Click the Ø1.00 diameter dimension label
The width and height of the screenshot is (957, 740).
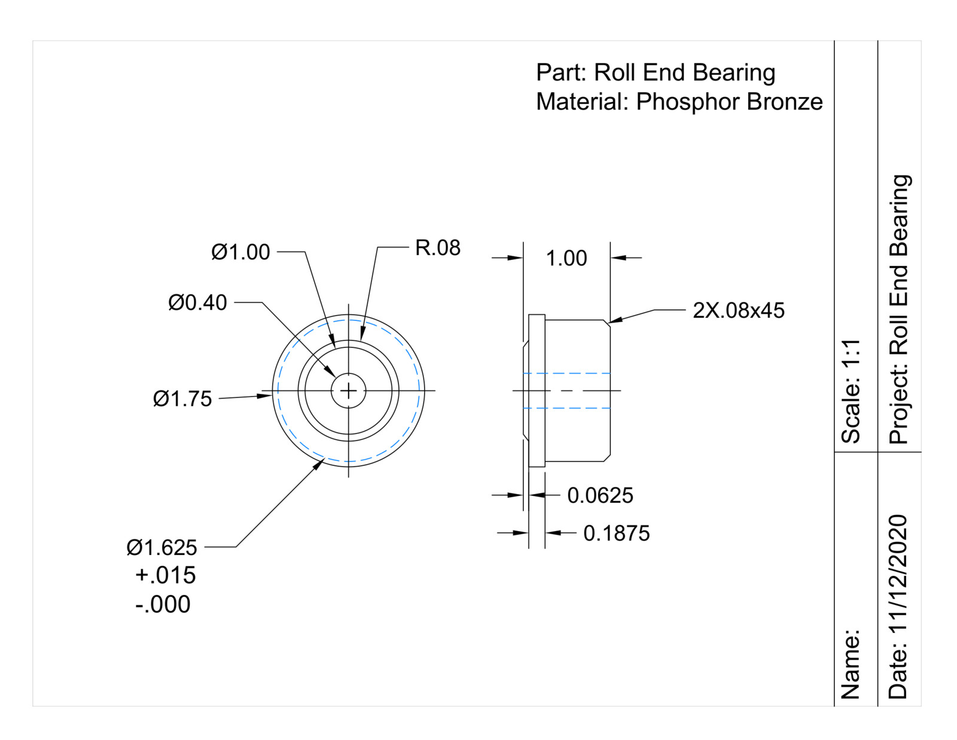240,252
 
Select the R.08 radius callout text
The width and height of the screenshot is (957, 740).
438,248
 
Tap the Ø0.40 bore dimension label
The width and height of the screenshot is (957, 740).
197,303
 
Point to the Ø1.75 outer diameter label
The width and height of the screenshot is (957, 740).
182,399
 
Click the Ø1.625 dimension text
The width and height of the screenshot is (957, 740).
161,547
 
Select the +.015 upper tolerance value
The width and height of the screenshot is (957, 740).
165,575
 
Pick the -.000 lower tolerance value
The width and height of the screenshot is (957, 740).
163,604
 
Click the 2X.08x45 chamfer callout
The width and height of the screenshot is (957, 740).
738,311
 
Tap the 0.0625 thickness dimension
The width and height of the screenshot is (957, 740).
600,496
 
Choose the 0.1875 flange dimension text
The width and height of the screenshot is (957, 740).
616,533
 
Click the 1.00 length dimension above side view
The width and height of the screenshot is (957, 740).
566,259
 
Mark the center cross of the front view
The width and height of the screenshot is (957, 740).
349,391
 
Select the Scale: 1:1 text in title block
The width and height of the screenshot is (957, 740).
851,391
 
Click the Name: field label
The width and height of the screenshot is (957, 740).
851,664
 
